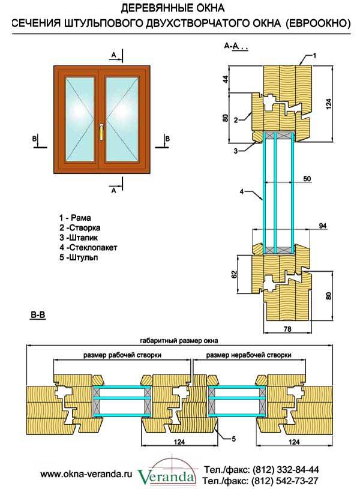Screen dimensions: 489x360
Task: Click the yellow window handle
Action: tap(102, 130)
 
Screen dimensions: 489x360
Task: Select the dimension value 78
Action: tap(286, 329)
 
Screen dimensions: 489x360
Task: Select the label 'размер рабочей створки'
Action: tap(122, 355)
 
